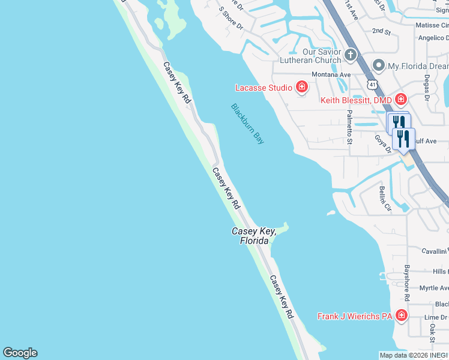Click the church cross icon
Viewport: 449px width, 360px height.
351,56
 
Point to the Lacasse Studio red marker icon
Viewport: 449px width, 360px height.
301,88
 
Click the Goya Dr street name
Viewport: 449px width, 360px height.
383,144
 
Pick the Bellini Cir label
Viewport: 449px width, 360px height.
385,199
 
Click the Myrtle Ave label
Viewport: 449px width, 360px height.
433,289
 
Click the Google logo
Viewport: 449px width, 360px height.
20,353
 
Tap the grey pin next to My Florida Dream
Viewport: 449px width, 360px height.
379,65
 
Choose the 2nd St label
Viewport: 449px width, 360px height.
381,30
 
